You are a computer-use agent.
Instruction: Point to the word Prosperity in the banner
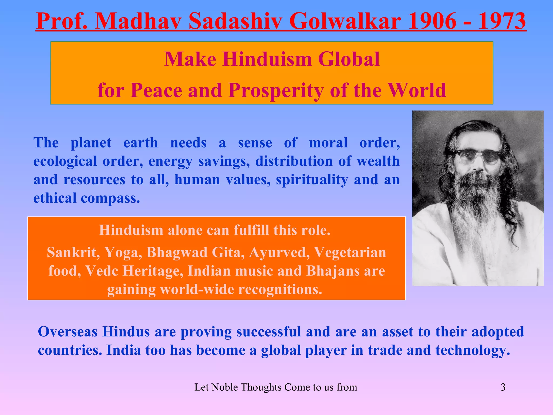pos(276,90)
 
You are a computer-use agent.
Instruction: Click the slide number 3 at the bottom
pos(503,387)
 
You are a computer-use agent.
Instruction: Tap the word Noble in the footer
pos(225,387)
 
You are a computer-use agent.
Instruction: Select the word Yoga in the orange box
pos(123,253)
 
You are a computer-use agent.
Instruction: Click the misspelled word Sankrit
pos(72,253)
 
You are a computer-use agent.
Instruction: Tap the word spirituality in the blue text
pos(312,180)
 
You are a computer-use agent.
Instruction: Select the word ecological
pos(65,161)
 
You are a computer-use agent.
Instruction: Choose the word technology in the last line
pos(473,350)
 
